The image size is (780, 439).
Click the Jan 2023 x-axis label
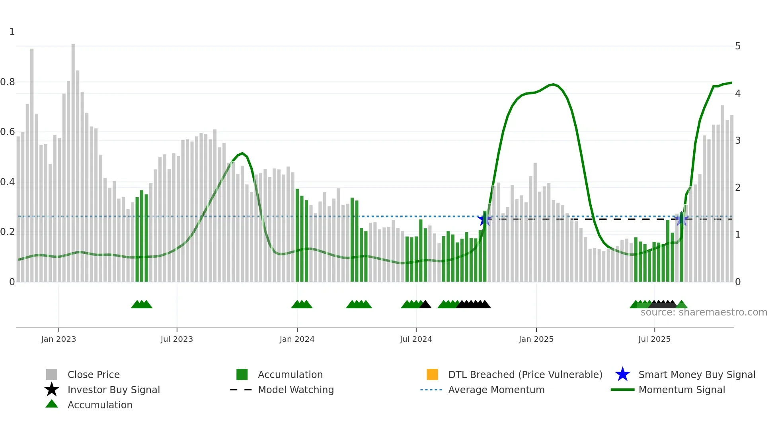58,339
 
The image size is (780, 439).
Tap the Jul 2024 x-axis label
415,339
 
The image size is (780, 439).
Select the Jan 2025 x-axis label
536,339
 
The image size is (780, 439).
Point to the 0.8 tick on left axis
8,82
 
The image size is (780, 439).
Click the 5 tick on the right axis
737,46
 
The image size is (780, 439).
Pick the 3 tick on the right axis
737,140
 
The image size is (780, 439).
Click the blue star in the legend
622,374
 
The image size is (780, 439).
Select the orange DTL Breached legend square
432,374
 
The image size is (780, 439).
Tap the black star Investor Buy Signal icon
52,390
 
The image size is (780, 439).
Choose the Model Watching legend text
296,390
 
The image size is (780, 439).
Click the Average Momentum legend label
496,390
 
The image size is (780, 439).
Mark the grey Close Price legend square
52,374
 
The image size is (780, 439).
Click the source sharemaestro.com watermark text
704,312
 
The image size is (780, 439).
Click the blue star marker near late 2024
484,219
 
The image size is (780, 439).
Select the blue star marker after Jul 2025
682,219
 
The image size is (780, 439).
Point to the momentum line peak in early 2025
553,84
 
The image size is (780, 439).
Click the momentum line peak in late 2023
242,153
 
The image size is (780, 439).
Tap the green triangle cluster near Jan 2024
302,304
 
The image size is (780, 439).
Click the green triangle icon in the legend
52,404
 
